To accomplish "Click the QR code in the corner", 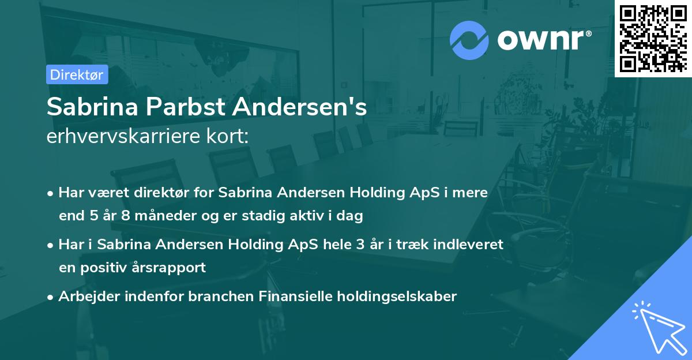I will [x=653, y=39].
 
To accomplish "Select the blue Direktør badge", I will [x=77, y=74].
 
